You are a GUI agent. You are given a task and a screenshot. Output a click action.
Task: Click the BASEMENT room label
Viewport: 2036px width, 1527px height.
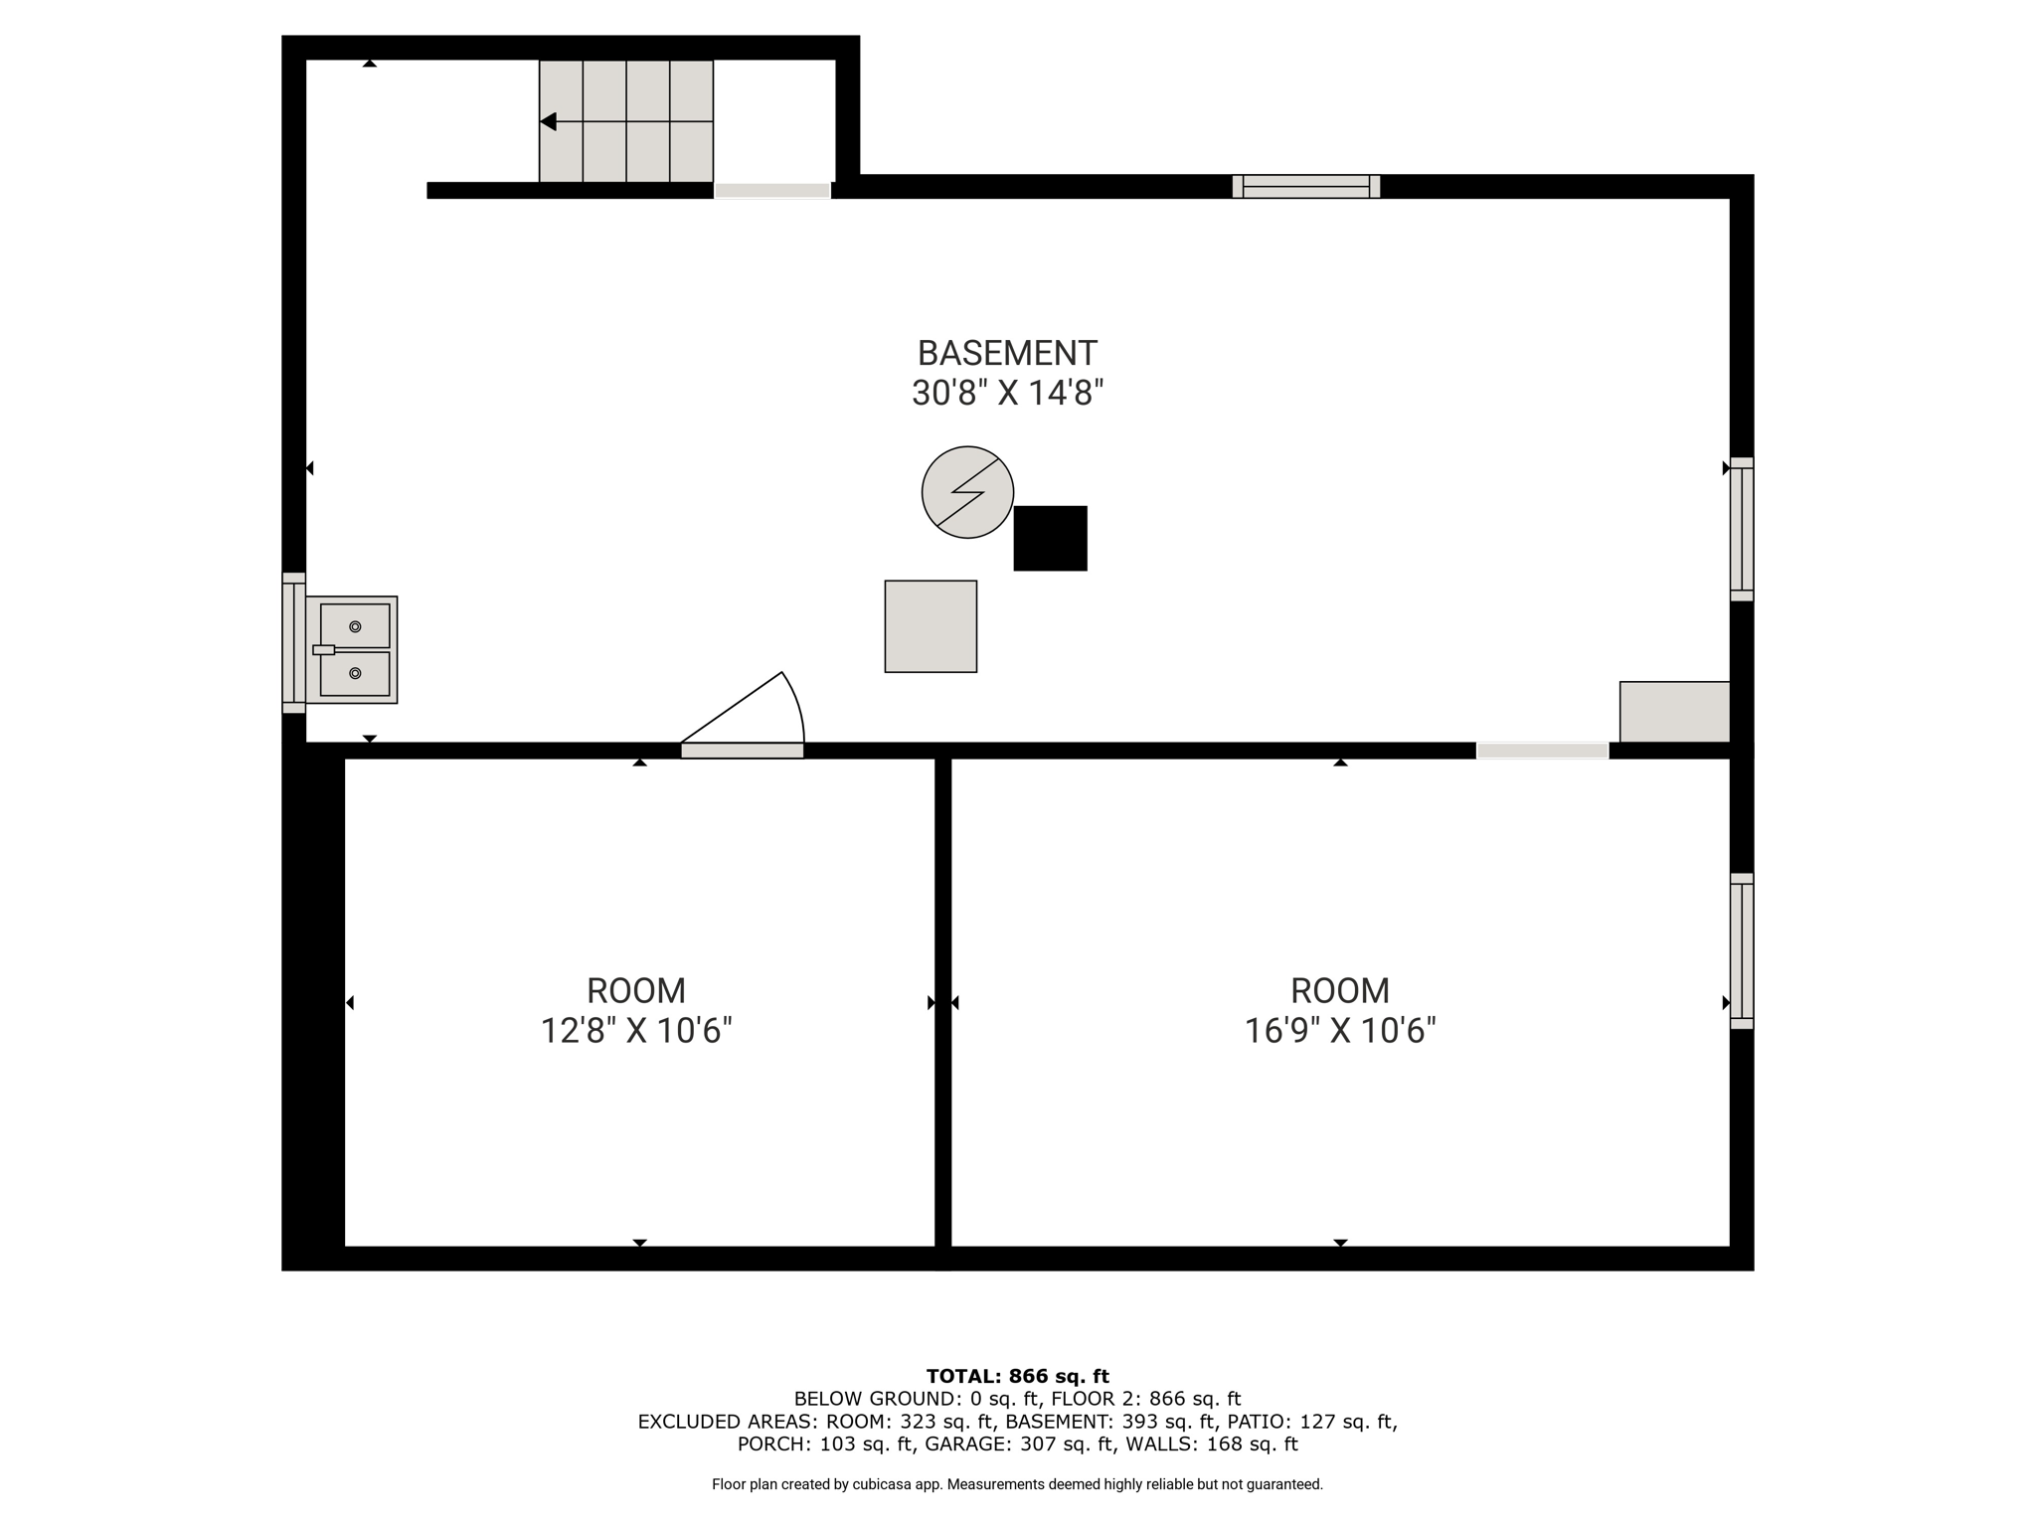pyautogui.click(x=1007, y=353)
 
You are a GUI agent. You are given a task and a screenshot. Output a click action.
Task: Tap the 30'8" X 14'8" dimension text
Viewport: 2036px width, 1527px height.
pyautogui.click(x=1007, y=394)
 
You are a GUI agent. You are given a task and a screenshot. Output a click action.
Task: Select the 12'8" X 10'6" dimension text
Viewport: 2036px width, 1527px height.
pyautogui.click(x=636, y=1031)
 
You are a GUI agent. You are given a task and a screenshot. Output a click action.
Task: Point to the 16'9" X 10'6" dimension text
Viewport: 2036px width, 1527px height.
pyautogui.click(x=1340, y=1031)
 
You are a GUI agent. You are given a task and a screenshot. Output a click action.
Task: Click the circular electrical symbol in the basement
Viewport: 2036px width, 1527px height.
pyautogui.click(x=967, y=492)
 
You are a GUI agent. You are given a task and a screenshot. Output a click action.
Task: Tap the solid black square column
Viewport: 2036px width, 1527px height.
pyautogui.click(x=1050, y=539)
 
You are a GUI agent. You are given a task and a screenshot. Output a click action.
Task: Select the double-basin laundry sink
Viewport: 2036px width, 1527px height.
pyautogui.click(x=351, y=650)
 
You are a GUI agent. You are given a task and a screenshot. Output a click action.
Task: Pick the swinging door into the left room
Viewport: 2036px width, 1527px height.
pyautogui.click(x=743, y=715)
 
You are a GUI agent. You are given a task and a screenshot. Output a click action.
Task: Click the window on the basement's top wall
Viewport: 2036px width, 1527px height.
pyautogui.click(x=1306, y=187)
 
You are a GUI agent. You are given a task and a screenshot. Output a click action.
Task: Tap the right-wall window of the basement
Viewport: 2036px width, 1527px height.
pyautogui.click(x=1742, y=529)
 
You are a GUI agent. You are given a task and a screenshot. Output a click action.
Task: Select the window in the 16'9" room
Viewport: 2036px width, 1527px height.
pyautogui.click(x=1742, y=950)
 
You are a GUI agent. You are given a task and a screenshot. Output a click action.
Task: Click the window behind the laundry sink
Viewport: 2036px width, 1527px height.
pyautogui.click(x=293, y=642)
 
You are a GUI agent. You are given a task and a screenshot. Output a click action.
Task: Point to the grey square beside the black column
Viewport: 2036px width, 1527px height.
pyautogui.click(x=931, y=626)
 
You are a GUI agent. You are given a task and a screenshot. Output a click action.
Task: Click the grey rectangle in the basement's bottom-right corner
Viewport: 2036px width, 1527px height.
pyautogui.click(x=1675, y=712)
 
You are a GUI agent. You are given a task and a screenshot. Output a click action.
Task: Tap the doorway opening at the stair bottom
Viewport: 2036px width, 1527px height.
pyautogui.click(x=772, y=191)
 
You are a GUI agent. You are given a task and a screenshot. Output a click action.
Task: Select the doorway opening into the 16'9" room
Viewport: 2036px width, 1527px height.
pyautogui.click(x=1542, y=751)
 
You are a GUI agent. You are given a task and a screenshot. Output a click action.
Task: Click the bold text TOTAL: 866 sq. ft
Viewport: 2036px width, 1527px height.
pyautogui.click(x=1018, y=1376)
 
